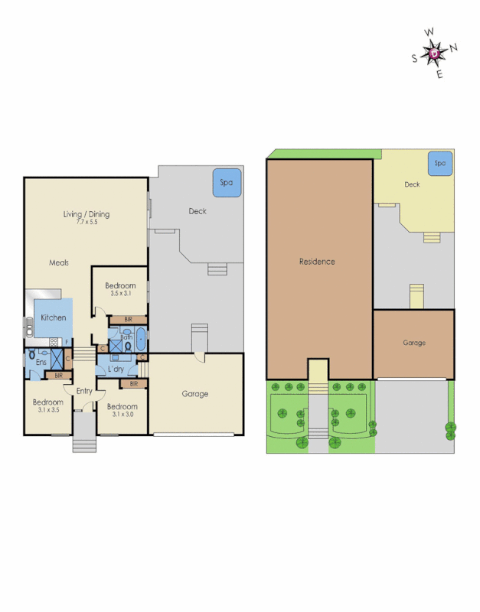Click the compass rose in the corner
tap(435, 53)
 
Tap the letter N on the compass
tap(454, 47)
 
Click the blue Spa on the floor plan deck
tap(227, 183)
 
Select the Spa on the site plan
tap(439, 163)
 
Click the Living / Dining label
tap(86, 214)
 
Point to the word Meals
tap(59, 262)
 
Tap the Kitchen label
tap(54, 317)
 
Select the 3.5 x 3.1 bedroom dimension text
tap(120, 294)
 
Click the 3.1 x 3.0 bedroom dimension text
tap(122, 414)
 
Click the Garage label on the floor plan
tap(195, 394)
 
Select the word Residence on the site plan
tap(317, 262)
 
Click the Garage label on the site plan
tap(414, 343)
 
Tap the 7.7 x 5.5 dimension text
tap(87, 223)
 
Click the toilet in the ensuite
tap(31, 356)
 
